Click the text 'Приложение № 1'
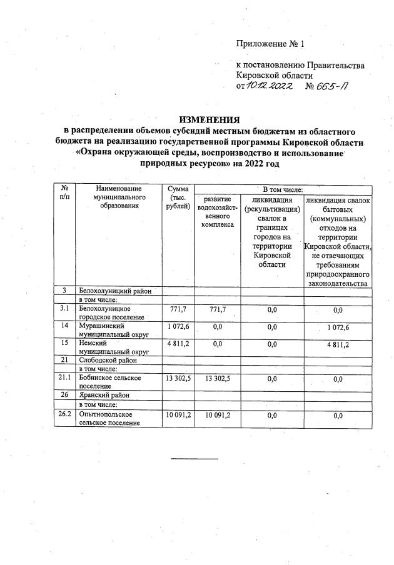point(270,44)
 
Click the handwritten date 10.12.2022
point(270,86)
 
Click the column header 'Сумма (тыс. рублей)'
point(178,197)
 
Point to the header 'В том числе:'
point(283,189)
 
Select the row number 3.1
point(64,308)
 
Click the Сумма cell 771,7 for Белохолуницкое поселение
point(178,309)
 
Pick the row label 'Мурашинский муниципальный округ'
point(104,329)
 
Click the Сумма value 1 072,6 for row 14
point(178,326)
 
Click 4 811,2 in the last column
point(338,344)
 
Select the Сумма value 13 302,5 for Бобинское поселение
point(178,378)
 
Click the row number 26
point(64,395)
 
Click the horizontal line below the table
point(194,459)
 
